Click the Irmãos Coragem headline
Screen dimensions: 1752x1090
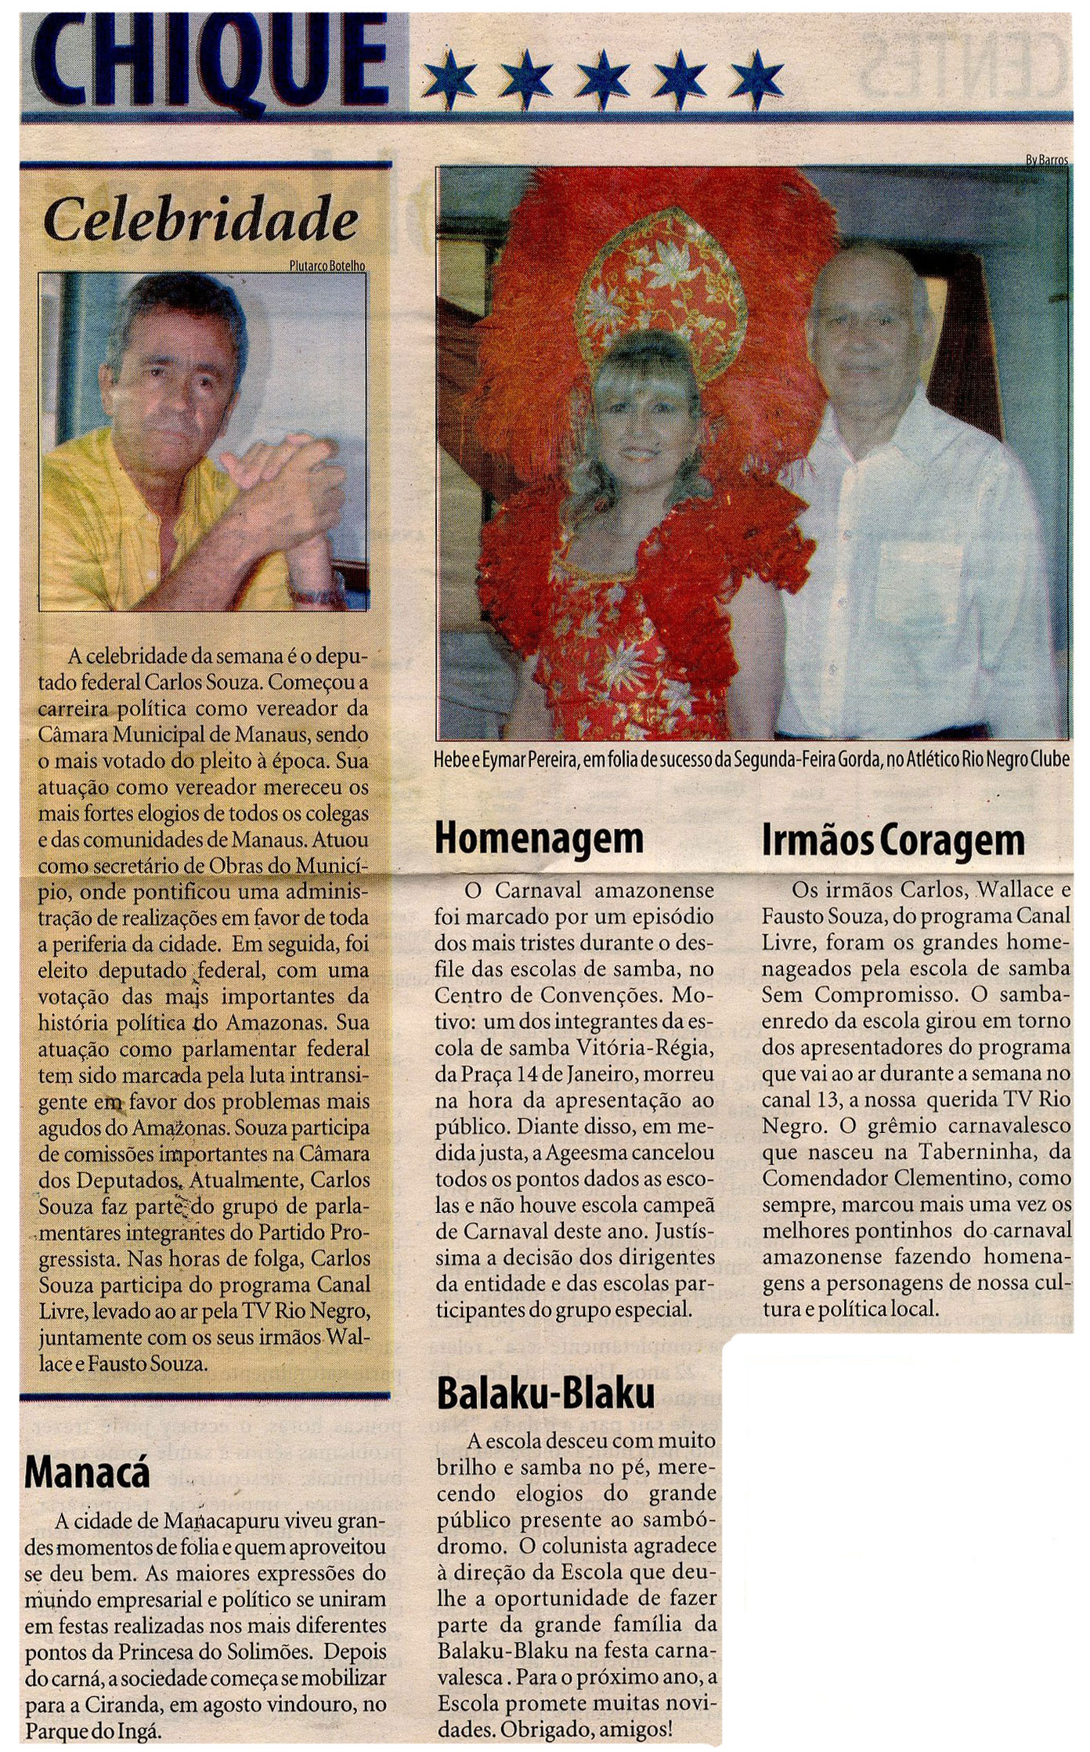click(893, 840)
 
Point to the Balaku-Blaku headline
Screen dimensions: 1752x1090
click(545, 1395)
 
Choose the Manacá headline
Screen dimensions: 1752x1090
click(86, 1475)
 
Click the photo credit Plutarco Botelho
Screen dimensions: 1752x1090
click(327, 266)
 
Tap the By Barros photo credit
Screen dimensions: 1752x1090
click(1046, 160)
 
